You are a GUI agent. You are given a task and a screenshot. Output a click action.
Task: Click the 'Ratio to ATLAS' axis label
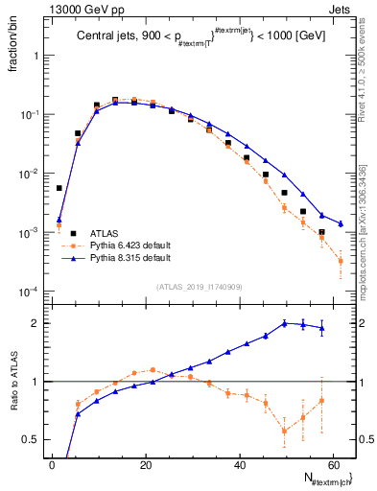[12, 379]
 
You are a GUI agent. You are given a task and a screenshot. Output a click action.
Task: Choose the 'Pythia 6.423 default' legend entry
[123, 245]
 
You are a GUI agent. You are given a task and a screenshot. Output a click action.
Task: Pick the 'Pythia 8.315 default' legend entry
[123, 258]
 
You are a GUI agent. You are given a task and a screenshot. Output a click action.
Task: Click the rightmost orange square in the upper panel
[341, 261]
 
